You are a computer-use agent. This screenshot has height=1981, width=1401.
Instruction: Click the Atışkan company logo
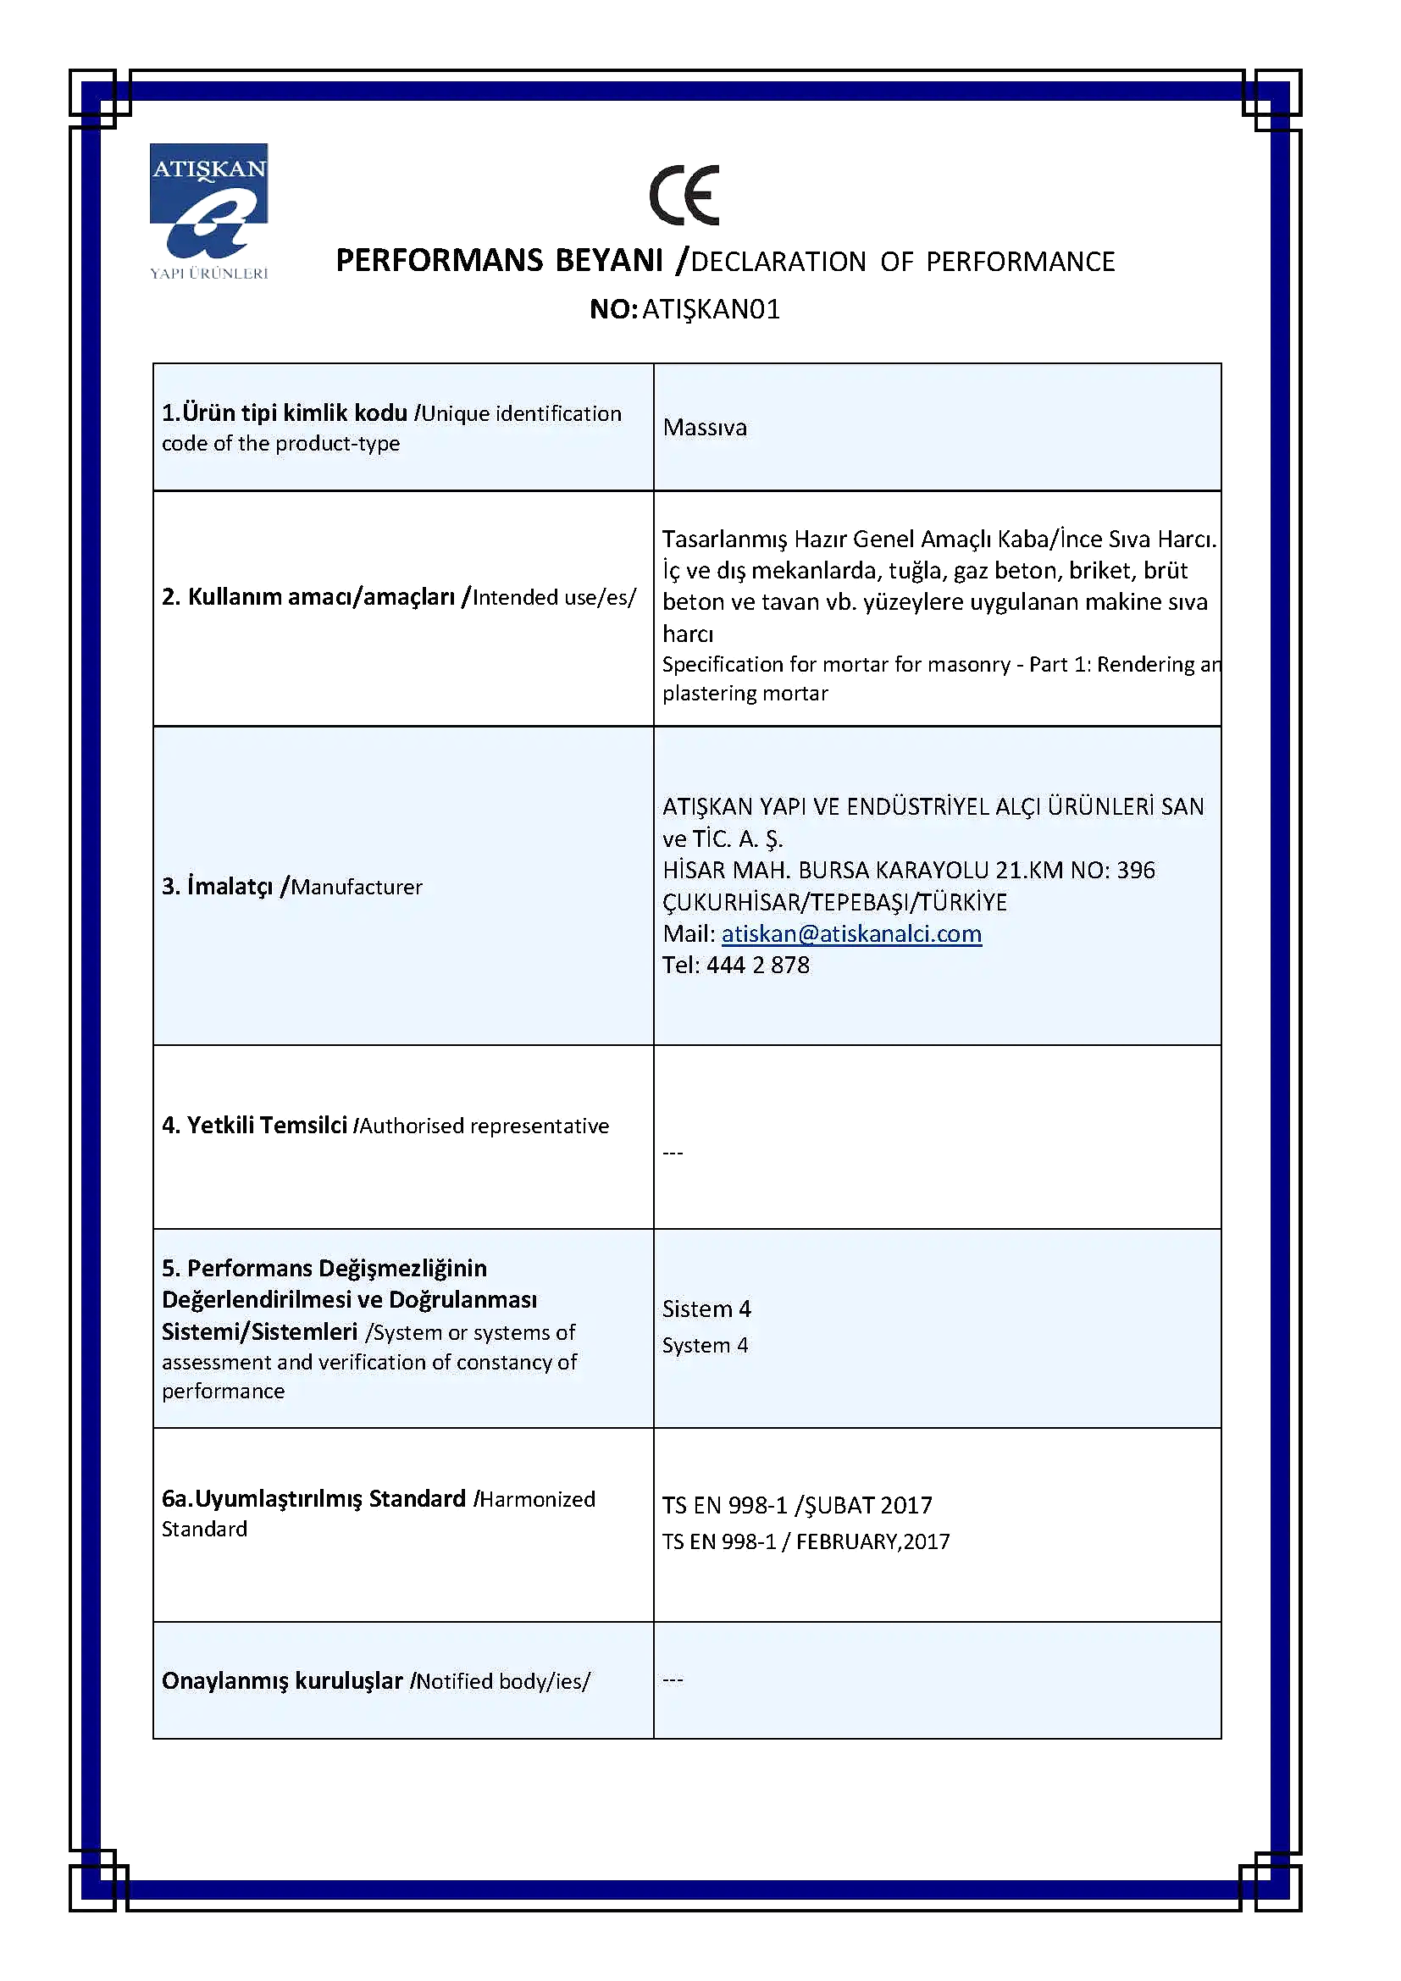click(x=208, y=211)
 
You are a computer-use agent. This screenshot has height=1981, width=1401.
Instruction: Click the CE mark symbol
click(x=684, y=195)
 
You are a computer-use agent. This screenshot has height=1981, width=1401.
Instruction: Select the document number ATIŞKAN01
click(x=711, y=309)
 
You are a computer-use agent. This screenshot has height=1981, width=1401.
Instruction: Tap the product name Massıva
click(x=705, y=428)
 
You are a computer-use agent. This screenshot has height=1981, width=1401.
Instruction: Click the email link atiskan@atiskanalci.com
click(x=851, y=933)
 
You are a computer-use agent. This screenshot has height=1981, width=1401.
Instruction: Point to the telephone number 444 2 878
click(x=757, y=966)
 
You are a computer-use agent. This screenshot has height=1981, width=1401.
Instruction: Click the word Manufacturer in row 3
click(x=357, y=887)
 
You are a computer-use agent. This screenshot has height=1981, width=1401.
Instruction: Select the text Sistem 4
click(x=706, y=1309)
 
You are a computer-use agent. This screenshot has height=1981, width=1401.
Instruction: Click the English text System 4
click(x=705, y=1345)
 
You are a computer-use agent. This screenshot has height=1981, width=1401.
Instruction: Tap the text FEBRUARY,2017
click(x=872, y=1541)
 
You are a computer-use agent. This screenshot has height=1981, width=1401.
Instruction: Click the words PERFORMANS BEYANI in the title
click(x=499, y=261)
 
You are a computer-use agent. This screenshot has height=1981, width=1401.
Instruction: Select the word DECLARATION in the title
click(x=778, y=263)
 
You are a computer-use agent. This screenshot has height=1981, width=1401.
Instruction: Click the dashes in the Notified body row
click(x=673, y=1679)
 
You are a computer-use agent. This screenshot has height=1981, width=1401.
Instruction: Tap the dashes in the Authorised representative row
click(x=673, y=1154)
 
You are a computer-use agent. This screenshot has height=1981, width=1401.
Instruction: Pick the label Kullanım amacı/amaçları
click(x=308, y=597)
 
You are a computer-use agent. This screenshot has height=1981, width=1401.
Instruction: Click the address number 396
click(x=1135, y=870)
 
